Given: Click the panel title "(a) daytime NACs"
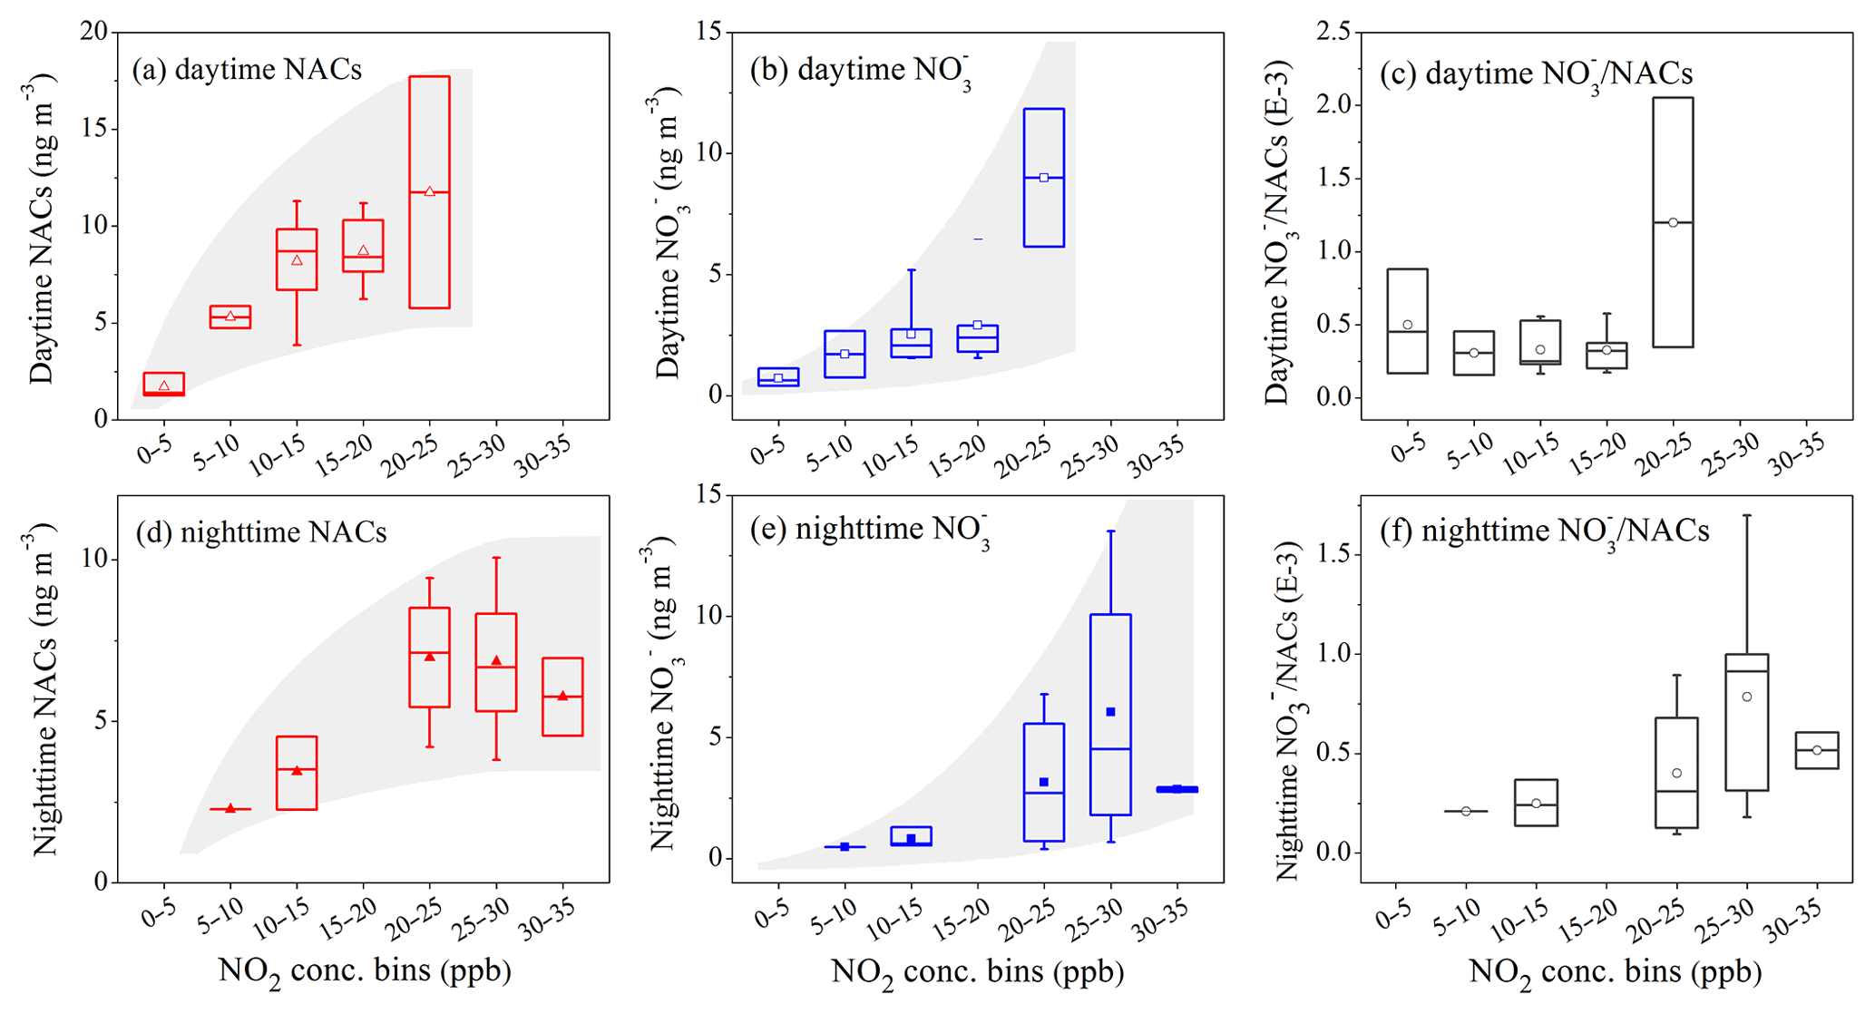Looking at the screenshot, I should point(247,70).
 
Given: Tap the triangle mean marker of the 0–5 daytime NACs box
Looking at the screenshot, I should point(164,386).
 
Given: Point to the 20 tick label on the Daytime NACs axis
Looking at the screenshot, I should point(93,33).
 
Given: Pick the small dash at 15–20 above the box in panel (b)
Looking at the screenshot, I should point(978,239).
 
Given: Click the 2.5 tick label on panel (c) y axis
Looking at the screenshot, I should point(1333,33).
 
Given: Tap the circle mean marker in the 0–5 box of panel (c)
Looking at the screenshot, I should point(1408,325).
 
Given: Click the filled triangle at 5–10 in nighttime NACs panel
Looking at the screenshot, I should point(230,808).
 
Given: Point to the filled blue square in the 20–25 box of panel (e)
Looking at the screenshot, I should point(1044,782).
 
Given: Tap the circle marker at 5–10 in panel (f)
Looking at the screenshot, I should point(1466,811).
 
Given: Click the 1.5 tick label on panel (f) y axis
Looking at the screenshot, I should point(1333,554).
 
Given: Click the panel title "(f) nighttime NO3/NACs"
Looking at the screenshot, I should point(1544,530).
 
